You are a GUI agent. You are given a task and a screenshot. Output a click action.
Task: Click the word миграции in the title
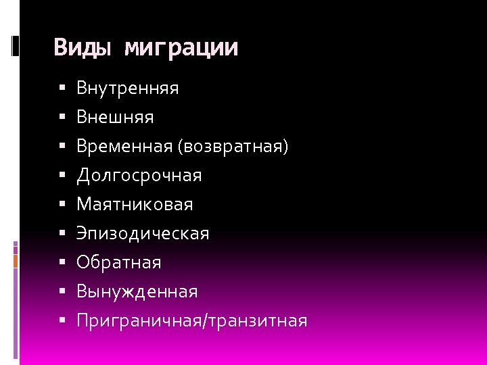[182, 48]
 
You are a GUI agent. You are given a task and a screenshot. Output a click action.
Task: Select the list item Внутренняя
[128, 88]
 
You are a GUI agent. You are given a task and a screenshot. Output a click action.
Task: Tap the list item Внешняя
[115, 118]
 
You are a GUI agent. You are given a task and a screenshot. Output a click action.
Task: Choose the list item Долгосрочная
[139, 176]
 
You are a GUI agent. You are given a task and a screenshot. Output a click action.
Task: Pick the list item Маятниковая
[135, 204]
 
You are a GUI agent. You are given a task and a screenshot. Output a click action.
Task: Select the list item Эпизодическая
[143, 234]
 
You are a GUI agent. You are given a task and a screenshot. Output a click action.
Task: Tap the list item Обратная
[119, 262]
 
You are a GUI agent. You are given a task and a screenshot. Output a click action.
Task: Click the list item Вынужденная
[137, 292]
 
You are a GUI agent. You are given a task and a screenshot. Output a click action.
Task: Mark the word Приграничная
[135, 321]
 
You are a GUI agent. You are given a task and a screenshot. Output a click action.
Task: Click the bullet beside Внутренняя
[62, 89]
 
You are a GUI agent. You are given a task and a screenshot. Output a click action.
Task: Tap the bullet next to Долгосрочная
[62, 176]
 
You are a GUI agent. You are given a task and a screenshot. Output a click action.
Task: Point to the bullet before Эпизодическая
[62, 234]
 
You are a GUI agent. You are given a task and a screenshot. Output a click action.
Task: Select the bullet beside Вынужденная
[62, 292]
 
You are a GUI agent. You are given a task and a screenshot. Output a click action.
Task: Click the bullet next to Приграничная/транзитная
[62, 321]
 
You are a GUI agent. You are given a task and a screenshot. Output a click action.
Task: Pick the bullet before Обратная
[62, 262]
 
